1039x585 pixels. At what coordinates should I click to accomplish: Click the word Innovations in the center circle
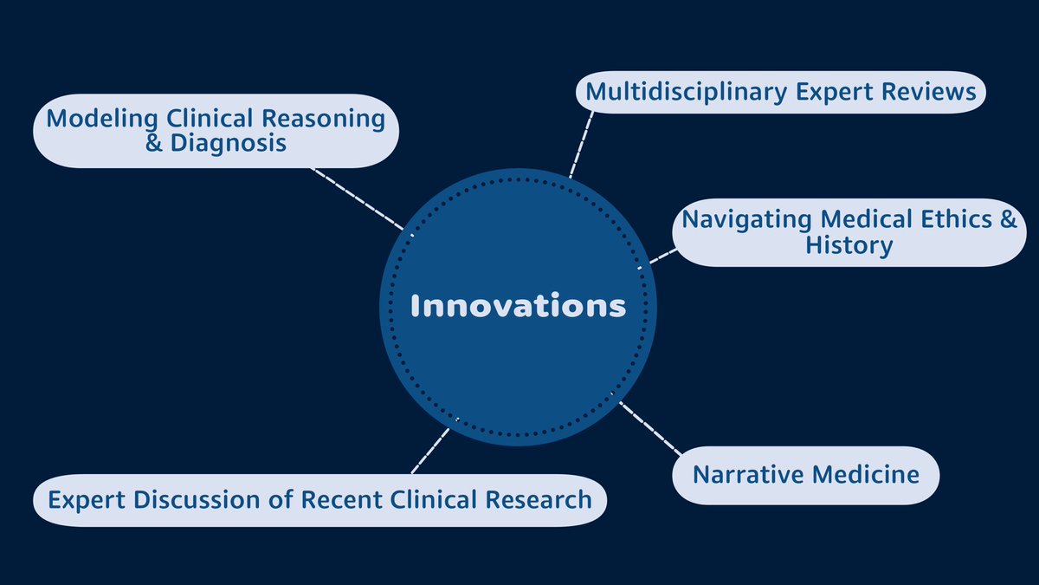tap(518, 306)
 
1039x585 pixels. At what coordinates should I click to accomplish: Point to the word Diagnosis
tap(228, 143)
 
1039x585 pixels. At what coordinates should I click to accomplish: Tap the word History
tap(849, 245)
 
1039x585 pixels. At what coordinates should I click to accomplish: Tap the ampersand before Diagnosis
tap(154, 143)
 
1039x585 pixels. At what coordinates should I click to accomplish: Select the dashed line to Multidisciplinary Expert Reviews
tap(581, 143)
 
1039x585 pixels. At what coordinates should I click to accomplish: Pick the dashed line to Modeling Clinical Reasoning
tap(357, 198)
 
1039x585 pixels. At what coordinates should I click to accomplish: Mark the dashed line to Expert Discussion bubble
tap(430, 450)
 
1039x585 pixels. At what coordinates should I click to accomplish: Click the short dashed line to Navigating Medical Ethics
tap(663, 256)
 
